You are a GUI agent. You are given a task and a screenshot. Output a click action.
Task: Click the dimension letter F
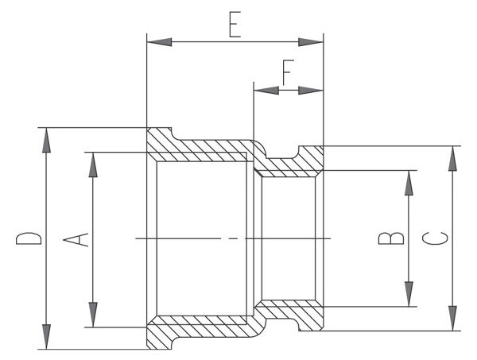point(287,73)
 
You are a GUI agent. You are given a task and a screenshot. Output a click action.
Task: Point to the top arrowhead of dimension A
point(93,164)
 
